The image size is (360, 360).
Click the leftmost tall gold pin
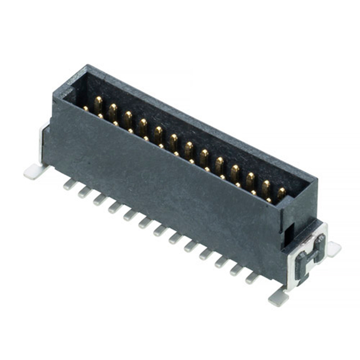tap(98, 104)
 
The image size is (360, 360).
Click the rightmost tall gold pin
tap(280, 193)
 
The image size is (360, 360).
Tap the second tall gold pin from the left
tap(113, 111)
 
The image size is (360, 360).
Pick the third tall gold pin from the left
tap(128, 119)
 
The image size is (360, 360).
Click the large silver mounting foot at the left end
tap(34, 170)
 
